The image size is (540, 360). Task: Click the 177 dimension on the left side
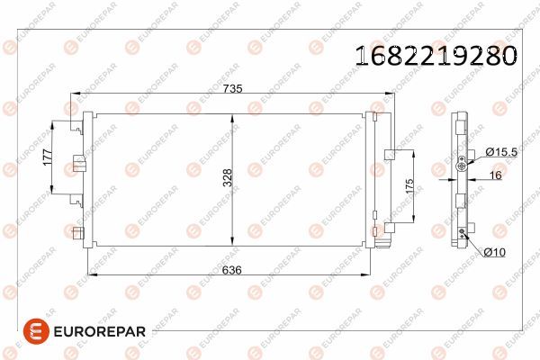point(45,160)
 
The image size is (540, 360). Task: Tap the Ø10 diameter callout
point(493,252)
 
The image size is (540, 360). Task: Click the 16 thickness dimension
point(494,175)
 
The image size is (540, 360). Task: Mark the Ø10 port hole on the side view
point(463,233)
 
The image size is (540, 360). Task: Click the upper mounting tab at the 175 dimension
point(389,154)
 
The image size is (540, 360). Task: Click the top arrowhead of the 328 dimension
point(237,116)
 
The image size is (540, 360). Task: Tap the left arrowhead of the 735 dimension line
point(76,94)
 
